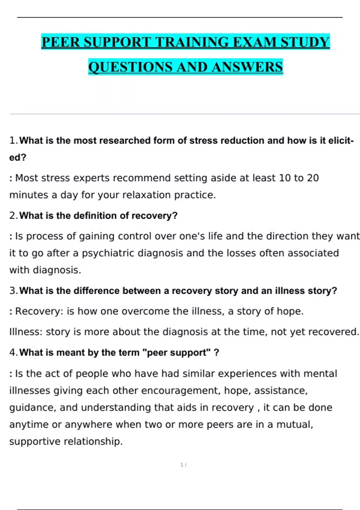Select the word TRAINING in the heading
click(x=192, y=42)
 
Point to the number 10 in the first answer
click(x=285, y=178)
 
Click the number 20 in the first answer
click(x=313, y=178)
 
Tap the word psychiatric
click(x=108, y=253)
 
